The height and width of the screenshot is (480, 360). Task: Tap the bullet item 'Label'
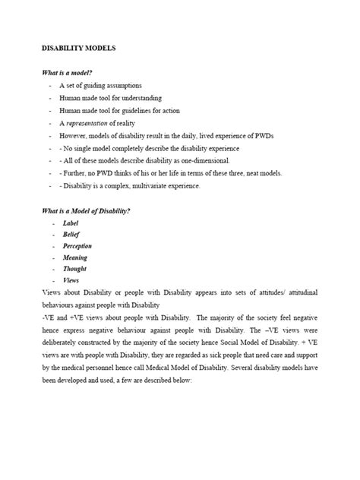pyautogui.click(x=71, y=223)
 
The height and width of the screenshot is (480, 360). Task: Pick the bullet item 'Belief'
pyautogui.click(x=71, y=235)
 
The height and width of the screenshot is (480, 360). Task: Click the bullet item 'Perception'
pyautogui.click(x=77, y=247)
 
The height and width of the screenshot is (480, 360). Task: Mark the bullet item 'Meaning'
pyautogui.click(x=74, y=258)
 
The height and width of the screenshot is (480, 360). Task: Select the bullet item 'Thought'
pyautogui.click(x=74, y=269)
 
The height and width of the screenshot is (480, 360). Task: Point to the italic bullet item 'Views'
pyautogui.click(x=71, y=280)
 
